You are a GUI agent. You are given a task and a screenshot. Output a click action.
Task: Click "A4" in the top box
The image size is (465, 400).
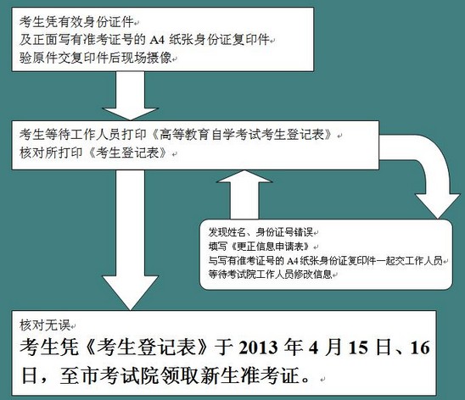157,40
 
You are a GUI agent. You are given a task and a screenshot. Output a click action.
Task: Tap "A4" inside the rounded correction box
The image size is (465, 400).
292,261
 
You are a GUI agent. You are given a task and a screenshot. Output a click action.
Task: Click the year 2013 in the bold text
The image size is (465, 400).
258,347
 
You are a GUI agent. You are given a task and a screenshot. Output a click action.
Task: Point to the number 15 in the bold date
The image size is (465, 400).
359,347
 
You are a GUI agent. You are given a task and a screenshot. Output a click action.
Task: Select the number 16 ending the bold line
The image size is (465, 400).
420,347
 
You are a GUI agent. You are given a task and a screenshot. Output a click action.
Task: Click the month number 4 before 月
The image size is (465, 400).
313,347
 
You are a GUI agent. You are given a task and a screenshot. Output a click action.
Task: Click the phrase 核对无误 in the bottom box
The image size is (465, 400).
45,325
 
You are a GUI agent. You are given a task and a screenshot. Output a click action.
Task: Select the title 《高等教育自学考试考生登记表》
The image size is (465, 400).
243,135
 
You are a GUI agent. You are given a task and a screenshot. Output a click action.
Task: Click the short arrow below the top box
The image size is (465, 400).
130,96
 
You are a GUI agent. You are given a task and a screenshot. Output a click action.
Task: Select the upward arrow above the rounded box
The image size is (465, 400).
244,195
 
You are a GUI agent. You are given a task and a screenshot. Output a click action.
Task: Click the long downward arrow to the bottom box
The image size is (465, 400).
130,240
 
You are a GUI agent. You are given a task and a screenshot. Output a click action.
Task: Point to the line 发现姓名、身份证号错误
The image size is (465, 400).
261,232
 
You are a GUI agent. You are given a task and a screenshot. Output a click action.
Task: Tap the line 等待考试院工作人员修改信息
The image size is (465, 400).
270,275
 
